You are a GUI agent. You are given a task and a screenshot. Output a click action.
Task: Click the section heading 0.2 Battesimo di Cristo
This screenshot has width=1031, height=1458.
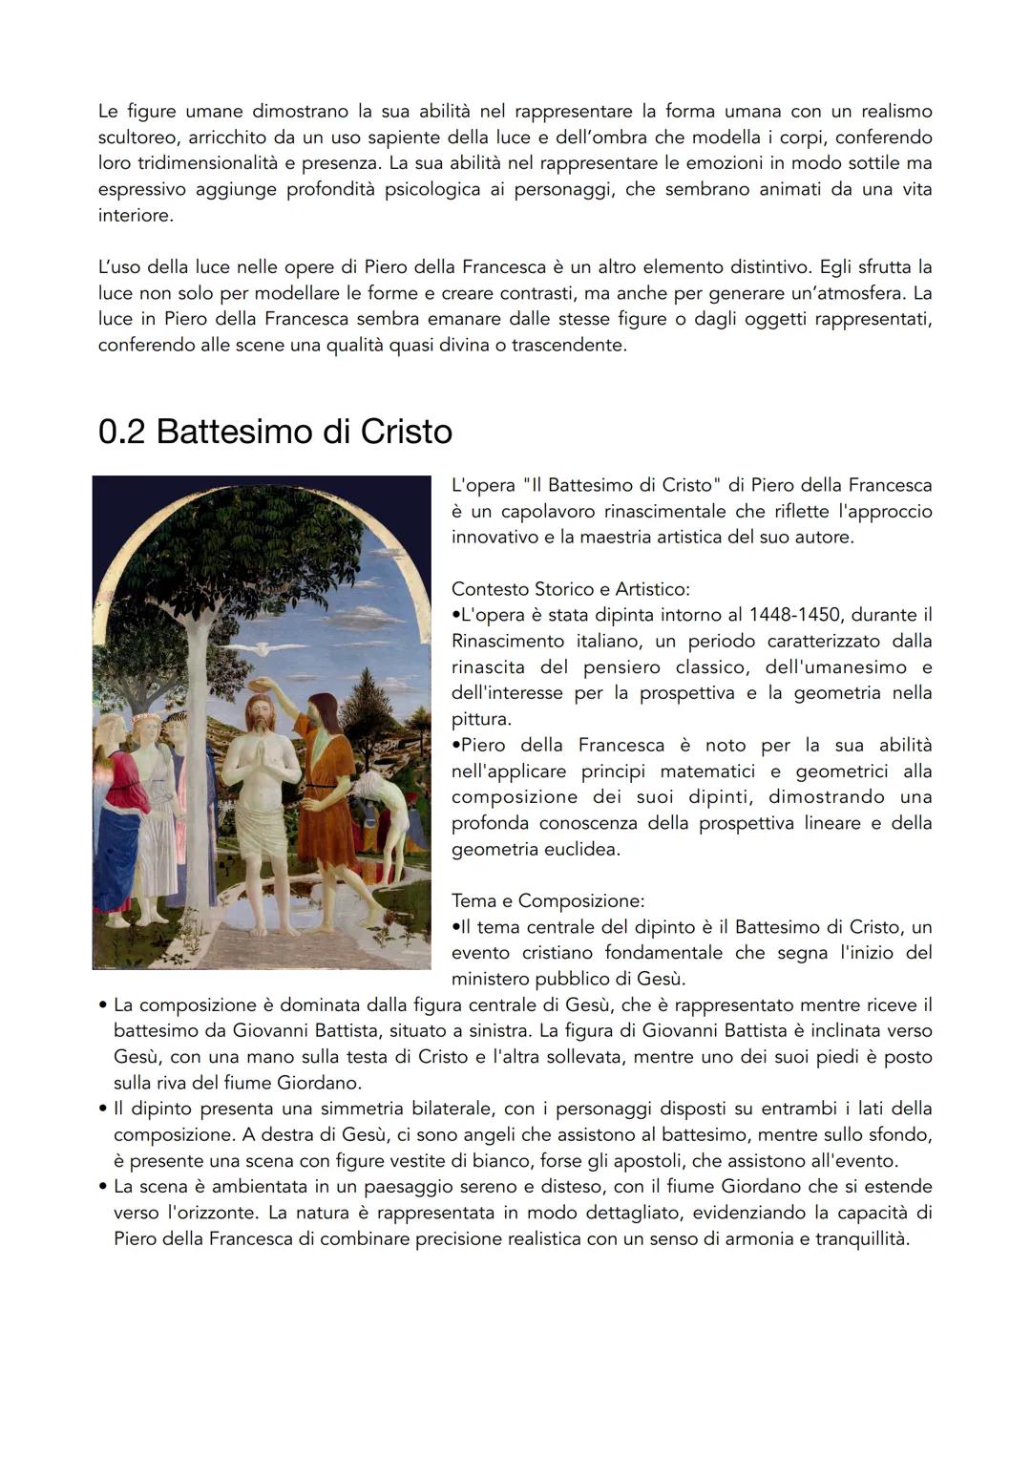275,433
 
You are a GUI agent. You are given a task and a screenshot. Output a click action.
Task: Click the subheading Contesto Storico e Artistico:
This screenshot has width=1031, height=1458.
570,589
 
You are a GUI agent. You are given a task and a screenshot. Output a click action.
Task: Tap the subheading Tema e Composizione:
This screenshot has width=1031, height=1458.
547,900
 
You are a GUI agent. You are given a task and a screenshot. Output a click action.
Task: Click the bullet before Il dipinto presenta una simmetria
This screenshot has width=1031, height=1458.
102,1109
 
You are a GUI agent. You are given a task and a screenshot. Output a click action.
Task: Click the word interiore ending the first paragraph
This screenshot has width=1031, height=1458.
136,216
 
